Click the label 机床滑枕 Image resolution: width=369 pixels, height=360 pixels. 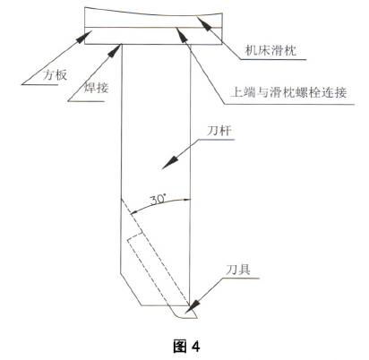[x=270, y=50]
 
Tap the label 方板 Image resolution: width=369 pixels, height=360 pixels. [x=55, y=75]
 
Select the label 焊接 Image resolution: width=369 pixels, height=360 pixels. [x=96, y=88]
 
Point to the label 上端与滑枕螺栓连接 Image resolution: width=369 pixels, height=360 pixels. [x=288, y=92]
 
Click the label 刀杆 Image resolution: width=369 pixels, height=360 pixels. [x=219, y=131]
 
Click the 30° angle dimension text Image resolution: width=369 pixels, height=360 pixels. [x=158, y=199]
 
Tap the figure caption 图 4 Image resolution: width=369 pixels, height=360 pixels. [x=186, y=347]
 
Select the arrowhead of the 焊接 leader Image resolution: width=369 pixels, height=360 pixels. [x=116, y=50]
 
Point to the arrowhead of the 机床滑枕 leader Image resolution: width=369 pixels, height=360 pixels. [x=203, y=23]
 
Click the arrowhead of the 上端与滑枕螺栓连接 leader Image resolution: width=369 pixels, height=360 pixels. [x=182, y=33]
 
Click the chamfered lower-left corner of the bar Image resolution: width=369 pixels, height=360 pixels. [x=131, y=289]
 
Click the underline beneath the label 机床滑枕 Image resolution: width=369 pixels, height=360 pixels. [x=273, y=59]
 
